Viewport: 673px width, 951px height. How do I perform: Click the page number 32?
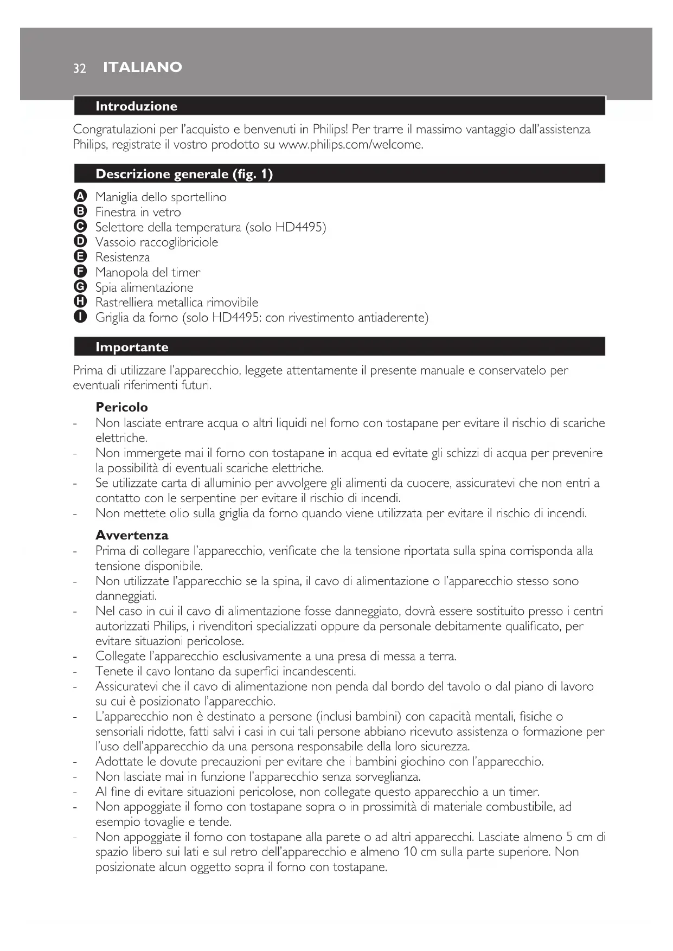[80, 68]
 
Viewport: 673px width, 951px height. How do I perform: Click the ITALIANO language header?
[143, 67]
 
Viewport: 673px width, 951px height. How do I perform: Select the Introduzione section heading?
[136, 106]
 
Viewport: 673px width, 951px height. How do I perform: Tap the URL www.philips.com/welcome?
[350, 145]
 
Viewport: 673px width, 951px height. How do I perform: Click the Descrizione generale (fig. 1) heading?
[184, 174]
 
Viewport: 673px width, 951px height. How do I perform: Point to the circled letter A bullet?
[80, 196]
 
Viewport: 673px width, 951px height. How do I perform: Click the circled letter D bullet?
[80, 241]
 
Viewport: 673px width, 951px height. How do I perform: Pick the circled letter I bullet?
[80, 317]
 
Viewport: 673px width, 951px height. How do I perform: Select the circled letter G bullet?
[80, 287]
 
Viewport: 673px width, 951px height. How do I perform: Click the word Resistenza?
[123, 258]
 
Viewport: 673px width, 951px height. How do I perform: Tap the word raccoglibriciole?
[178, 242]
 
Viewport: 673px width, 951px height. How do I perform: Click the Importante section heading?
[132, 347]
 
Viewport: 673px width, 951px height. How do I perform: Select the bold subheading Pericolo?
[121, 407]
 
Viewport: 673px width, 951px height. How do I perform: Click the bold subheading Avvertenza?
[132, 535]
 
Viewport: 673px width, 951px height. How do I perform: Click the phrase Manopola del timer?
[148, 272]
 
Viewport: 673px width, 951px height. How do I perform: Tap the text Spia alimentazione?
[144, 287]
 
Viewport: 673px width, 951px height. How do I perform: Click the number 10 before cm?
[411, 852]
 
